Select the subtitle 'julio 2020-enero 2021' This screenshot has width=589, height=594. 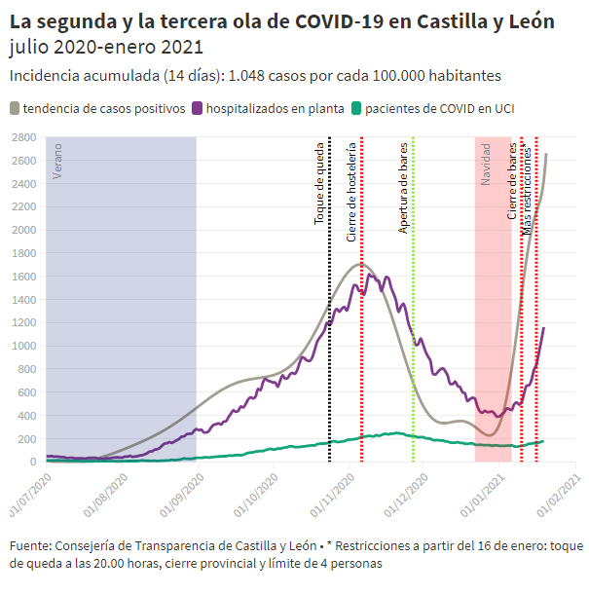[106, 47]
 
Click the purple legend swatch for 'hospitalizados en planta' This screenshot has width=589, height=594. [199, 108]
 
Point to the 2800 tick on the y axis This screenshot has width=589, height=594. [23, 137]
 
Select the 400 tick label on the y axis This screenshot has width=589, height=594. [26, 416]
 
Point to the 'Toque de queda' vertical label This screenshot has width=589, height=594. [319, 185]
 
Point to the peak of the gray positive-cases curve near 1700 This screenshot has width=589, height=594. [361, 264]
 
